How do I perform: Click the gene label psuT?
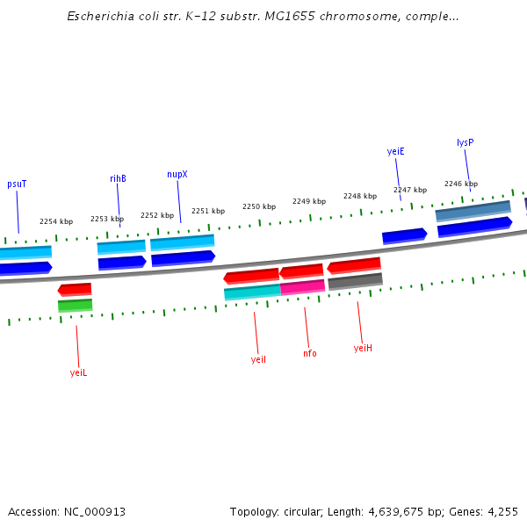tap(17, 184)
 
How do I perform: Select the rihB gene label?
tap(118, 178)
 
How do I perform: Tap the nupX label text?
tap(177, 174)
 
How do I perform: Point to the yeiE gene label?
tap(395, 151)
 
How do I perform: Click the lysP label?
tap(466, 142)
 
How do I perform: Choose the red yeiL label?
tap(78, 372)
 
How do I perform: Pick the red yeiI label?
tap(258, 359)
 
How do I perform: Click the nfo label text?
tap(310, 353)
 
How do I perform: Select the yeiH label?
tap(363, 348)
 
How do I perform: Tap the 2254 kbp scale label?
tap(56, 222)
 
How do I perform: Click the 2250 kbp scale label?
tap(259, 206)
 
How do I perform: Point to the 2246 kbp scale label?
tap(461, 184)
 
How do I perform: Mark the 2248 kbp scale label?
tap(360, 196)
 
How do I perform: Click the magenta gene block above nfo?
tap(303, 286)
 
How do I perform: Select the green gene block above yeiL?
tap(75, 306)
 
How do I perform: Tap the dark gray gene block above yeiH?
tap(355, 281)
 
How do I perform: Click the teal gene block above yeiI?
tap(252, 292)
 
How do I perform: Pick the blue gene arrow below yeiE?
tap(404, 235)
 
